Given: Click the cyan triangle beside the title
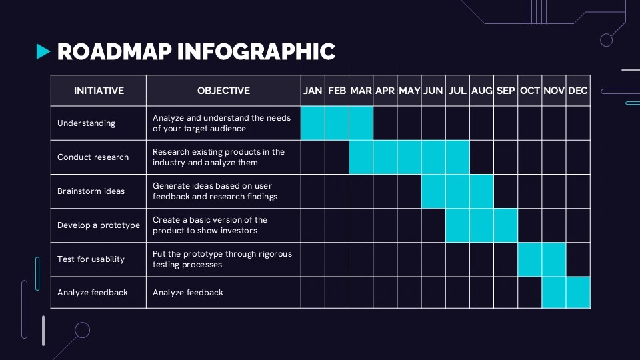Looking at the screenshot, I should [x=43, y=51].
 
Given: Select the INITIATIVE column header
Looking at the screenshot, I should [x=99, y=91].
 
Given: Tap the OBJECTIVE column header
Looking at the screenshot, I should [x=223, y=91].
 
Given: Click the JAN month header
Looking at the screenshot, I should [x=313, y=91].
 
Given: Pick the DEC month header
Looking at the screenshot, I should [x=578, y=91].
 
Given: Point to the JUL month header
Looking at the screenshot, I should [x=457, y=91].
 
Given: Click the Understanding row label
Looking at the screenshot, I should [x=86, y=123].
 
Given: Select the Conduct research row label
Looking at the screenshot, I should [x=93, y=157].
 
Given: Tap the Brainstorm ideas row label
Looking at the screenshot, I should [x=91, y=191].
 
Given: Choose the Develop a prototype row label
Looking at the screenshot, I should [x=99, y=225].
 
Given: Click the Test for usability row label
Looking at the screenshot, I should [x=91, y=259].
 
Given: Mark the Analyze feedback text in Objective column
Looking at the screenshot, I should [x=188, y=293].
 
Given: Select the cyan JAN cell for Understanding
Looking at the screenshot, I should [x=313, y=123].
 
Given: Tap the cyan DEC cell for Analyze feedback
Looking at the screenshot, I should [x=578, y=293].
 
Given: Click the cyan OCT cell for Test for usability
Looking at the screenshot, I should [x=530, y=259].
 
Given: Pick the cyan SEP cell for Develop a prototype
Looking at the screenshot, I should [x=505, y=225].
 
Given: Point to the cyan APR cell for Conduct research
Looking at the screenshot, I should [x=385, y=157].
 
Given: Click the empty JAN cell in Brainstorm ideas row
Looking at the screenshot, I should [x=313, y=191].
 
